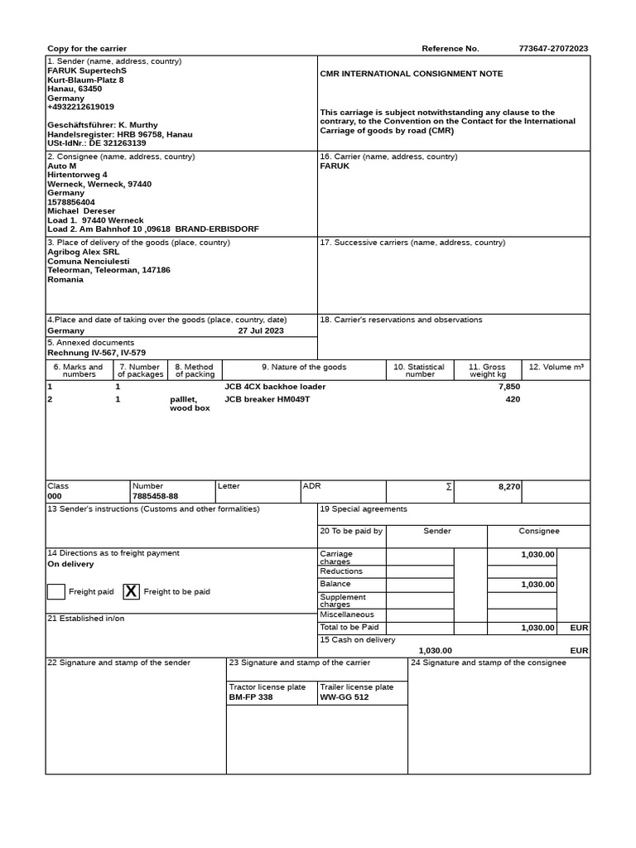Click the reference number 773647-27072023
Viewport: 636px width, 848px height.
tap(553, 49)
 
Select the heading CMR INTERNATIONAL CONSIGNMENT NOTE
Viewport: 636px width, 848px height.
tap(411, 74)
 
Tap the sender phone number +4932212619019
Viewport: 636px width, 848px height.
tap(81, 107)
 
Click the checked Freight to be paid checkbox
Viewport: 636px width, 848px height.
tap(131, 591)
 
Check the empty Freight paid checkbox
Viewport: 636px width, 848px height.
tap(56, 591)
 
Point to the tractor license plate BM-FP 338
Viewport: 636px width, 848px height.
tap(250, 697)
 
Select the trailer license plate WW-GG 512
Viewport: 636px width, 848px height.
tap(344, 697)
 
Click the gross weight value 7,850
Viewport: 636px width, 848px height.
tap(508, 387)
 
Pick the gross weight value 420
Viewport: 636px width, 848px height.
tap(513, 399)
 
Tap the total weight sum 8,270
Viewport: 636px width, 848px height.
tap(508, 487)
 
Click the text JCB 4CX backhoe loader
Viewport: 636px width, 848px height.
tap(275, 387)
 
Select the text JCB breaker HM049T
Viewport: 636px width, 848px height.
tap(267, 399)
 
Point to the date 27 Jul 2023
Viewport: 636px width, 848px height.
tap(261, 330)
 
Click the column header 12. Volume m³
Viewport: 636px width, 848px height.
tap(556, 367)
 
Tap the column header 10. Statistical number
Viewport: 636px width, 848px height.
tap(419, 370)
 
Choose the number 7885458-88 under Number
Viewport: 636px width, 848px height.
tap(155, 496)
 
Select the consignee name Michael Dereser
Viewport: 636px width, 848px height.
tap(82, 211)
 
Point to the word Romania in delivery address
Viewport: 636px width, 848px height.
tap(65, 280)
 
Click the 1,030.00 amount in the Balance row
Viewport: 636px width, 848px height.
tap(537, 585)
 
